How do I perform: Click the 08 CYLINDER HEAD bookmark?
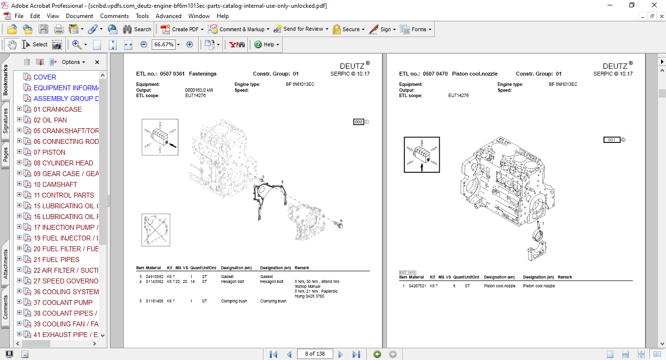[x=63, y=163]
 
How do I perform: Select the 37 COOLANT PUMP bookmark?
[x=63, y=302]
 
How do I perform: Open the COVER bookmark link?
[x=44, y=77]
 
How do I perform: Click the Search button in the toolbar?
[x=137, y=29]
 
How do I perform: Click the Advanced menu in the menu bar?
[x=168, y=16]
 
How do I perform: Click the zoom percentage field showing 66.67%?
[x=163, y=44]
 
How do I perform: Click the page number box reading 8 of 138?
[x=314, y=354]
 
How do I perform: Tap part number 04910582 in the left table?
[x=155, y=277]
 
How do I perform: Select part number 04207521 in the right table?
[x=417, y=286]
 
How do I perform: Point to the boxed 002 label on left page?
[x=359, y=122]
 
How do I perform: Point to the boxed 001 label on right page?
[x=611, y=140]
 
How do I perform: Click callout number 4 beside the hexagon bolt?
[x=341, y=220]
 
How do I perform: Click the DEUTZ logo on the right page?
[x=615, y=66]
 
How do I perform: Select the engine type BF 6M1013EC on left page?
[x=300, y=84]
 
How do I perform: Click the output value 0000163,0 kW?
[x=199, y=90]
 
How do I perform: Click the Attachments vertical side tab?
[x=6, y=264]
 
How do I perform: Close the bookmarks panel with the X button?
[x=97, y=62]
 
